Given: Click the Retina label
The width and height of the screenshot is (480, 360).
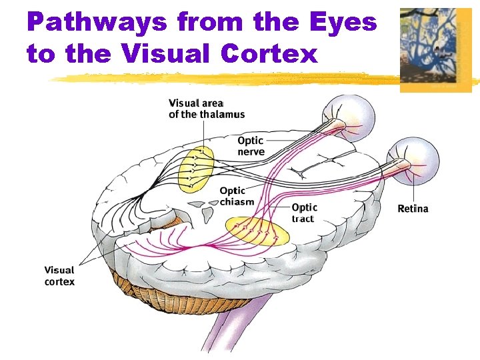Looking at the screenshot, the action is click(413, 209).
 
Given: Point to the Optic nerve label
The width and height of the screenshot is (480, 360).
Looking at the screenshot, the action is click(251, 145).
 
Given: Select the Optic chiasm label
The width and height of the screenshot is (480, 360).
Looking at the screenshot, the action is click(237, 196).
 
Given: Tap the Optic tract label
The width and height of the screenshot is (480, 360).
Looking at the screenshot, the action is click(305, 213).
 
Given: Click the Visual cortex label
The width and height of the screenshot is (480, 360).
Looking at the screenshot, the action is click(59, 275).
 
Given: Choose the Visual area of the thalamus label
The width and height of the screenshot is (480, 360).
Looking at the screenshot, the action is click(206, 108).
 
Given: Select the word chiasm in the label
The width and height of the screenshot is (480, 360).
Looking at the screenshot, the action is click(237, 201).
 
